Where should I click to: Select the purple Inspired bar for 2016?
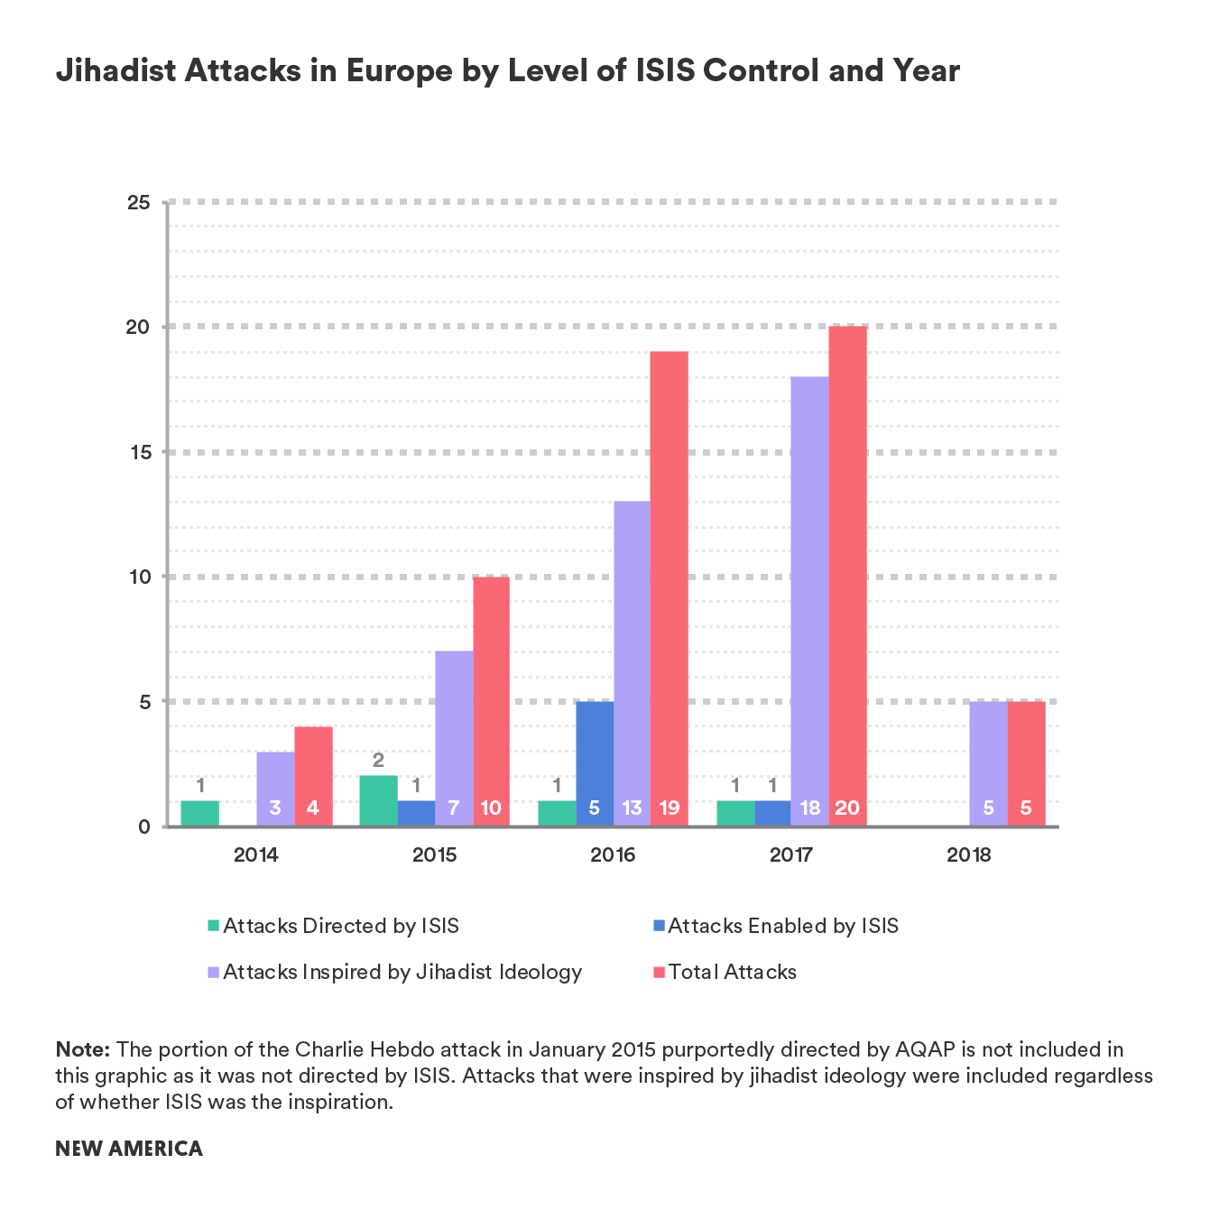tap(632, 663)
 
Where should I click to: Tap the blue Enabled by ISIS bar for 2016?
tap(595, 763)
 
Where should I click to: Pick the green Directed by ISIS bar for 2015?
tap(378, 800)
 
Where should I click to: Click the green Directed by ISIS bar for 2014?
tap(200, 813)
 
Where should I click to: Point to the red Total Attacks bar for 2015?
tap(491, 701)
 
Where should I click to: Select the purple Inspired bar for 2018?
tap(988, 763)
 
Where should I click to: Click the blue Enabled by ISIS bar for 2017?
tap(772, 813)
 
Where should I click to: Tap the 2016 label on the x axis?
tap(613, 854)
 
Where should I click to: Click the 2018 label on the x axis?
tap(969, 854)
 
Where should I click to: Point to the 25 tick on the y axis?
tap(138, 202)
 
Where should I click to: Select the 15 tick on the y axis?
tap(138, 452)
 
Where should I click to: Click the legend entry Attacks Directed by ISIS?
tap(334, 926)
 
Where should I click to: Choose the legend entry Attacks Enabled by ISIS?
tap(775, 926)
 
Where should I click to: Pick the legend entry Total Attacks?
tap(725, 972)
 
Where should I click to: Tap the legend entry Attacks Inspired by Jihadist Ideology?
tap(395, 972)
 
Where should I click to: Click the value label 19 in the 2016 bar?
tap(669, 808)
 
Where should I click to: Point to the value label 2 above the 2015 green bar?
tap(378, 761)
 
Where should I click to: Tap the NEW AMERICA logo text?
tap(129, 1149)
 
